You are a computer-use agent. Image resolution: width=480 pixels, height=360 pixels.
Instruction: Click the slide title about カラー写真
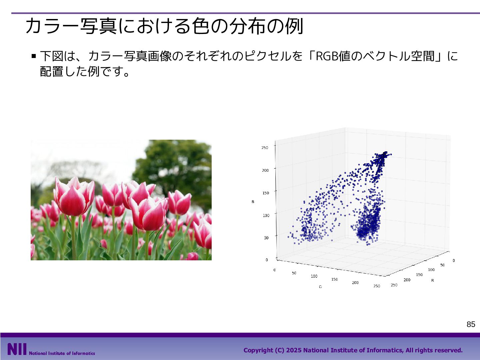click(x=164, y=26)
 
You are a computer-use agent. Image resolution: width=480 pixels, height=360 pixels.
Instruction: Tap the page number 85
click(x=471, y=324)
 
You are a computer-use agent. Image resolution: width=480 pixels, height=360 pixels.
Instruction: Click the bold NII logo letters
click(x=17, y=349)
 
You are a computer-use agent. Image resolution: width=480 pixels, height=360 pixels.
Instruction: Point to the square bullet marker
click(x=34, y=56)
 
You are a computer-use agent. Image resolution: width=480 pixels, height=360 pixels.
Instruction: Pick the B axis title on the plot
click(x=253, y=202)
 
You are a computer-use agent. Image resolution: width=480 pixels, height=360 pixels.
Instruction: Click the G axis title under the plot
click(x=320, y=287)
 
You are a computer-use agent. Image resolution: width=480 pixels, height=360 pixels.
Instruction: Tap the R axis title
click(x=433, y=280)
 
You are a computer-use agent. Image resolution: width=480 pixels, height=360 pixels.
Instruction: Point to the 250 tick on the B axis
click(x=265, y=148)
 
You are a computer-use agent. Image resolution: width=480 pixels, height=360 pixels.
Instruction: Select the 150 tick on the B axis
click(x=265, y=193)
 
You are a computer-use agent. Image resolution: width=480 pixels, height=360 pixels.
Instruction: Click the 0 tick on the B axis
click(x=267, y=260)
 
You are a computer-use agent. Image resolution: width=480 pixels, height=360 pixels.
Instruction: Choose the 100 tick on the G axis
click(x=314, y=276)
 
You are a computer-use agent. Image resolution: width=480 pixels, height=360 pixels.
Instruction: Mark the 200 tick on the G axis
click(x=355, y=283)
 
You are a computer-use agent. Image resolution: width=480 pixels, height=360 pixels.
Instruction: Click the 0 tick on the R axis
click(x=454, y=261)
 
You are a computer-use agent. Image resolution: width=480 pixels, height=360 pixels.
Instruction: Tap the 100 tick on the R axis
click(x=431, y=270)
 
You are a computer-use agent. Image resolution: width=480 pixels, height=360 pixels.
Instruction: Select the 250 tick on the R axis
click(x=394, y=285)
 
